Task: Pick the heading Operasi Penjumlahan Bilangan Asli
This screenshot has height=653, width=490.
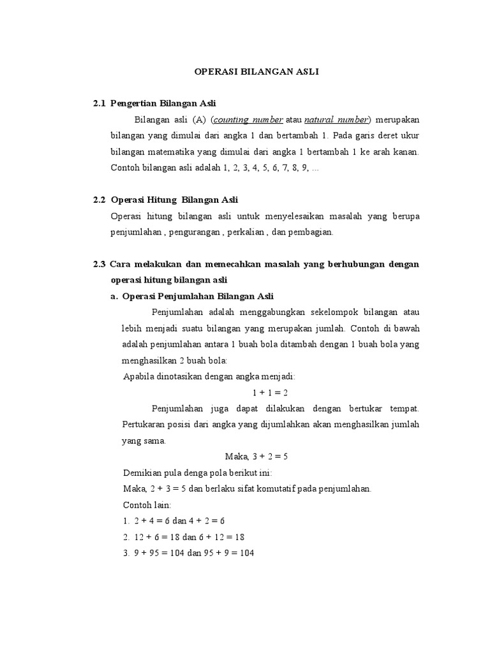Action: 198,297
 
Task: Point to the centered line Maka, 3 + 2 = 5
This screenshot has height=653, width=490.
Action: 258,457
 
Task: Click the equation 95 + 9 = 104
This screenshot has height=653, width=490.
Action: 229,553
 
